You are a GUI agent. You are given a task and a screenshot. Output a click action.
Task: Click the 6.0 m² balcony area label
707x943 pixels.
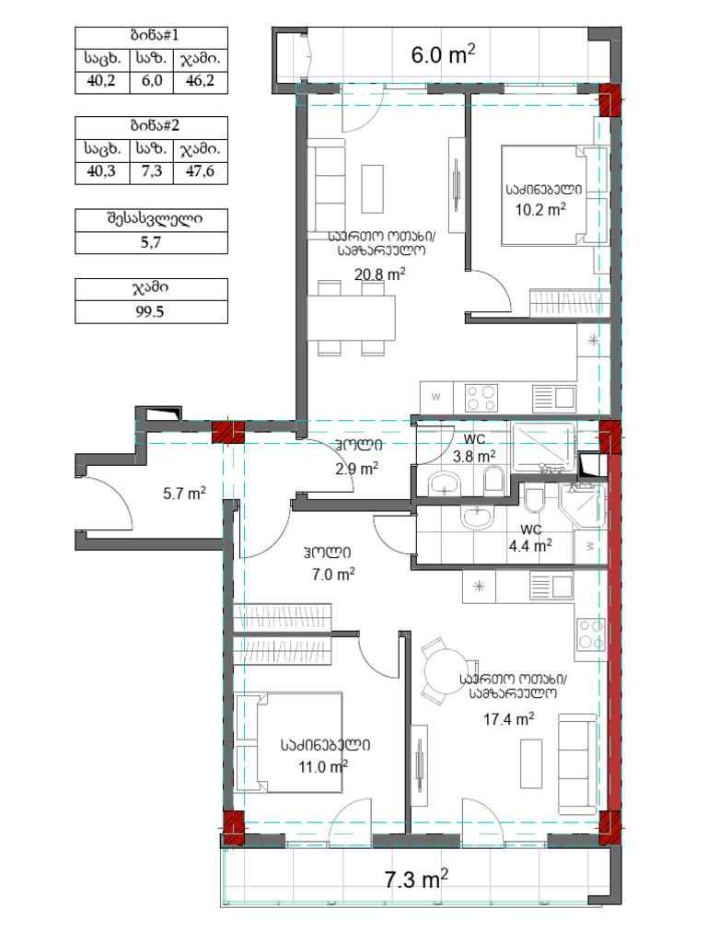click(443, 54)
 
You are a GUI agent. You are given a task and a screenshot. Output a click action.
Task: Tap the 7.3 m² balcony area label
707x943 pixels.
click(416, 879)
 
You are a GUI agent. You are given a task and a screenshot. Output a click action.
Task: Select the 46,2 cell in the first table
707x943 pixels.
click(200, 81)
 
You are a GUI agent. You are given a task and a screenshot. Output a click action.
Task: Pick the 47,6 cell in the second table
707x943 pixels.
click(200, 171)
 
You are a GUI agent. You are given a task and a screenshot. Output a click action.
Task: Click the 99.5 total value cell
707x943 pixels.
click(150, 311)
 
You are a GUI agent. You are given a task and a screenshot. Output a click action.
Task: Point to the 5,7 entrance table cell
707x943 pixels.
click(151, 242)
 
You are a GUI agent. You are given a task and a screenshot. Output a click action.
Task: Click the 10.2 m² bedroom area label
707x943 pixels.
click(539, 209)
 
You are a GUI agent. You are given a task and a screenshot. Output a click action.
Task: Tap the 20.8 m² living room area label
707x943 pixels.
click(379, 274)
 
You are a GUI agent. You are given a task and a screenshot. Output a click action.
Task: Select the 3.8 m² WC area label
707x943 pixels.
click(474, 456)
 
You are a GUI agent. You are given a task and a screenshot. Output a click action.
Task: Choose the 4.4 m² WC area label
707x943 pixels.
click(530, 545)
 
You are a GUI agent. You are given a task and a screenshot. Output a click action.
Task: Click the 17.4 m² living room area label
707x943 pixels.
click(508, 718)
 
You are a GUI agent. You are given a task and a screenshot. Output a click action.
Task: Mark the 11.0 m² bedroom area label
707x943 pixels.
click(323, 767)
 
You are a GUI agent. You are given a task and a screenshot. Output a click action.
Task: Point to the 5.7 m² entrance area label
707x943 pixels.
click(184, 494)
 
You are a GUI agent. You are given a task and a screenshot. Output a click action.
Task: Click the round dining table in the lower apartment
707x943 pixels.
click(445, 671)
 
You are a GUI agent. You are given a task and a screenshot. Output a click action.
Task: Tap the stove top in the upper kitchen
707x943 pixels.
click(481, 398)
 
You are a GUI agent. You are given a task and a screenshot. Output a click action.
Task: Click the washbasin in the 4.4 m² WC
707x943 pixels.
click(478, 518)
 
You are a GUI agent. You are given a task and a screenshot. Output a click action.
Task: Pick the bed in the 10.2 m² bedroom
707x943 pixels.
click(543, 195)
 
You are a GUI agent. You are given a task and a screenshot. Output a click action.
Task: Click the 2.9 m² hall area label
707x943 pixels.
click(356, 469)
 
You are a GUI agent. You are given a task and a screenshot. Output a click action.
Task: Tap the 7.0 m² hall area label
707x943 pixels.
click(333, 574)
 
